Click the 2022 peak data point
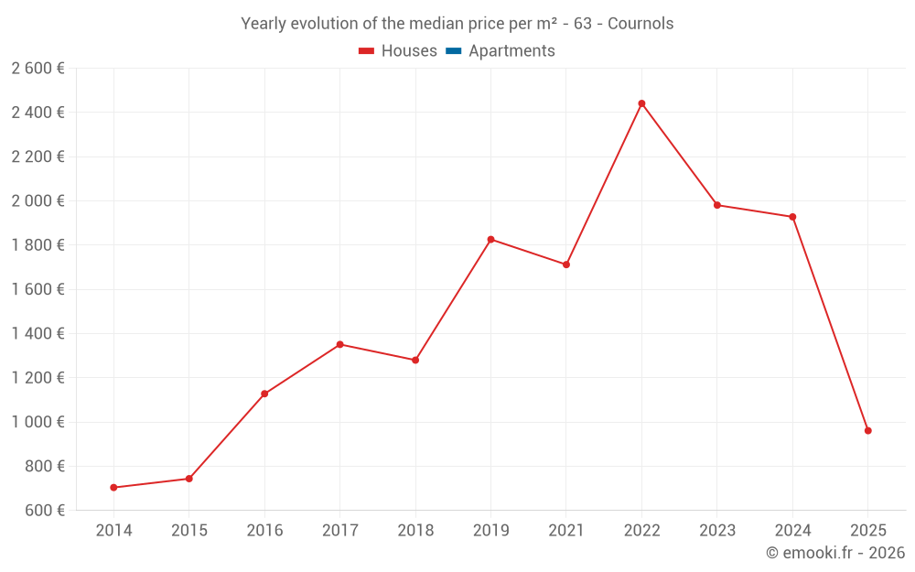(x=641, y=103)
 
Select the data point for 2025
(x=867, y=430)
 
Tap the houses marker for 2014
(x=113, y=488)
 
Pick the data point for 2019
(x=490, y=240)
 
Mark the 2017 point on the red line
(x=339, y=344)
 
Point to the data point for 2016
(x=264, y=394)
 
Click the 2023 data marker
(x=716, y=205)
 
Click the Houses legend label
(x=409, y=51)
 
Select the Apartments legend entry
(x=511, y=51)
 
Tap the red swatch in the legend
(x=366, y=51)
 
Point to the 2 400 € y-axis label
(x=38, y=113)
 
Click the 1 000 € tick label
(x=38, y=422)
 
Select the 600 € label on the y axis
(x=44, y=510)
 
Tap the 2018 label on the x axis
(x=415, y=531)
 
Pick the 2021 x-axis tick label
(x=565, y=531)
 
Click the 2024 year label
(x=792, y=531)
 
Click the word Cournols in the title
(x=640, y=24)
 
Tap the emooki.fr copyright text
(x=835, y=553)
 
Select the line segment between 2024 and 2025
(x=830, y=323)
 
